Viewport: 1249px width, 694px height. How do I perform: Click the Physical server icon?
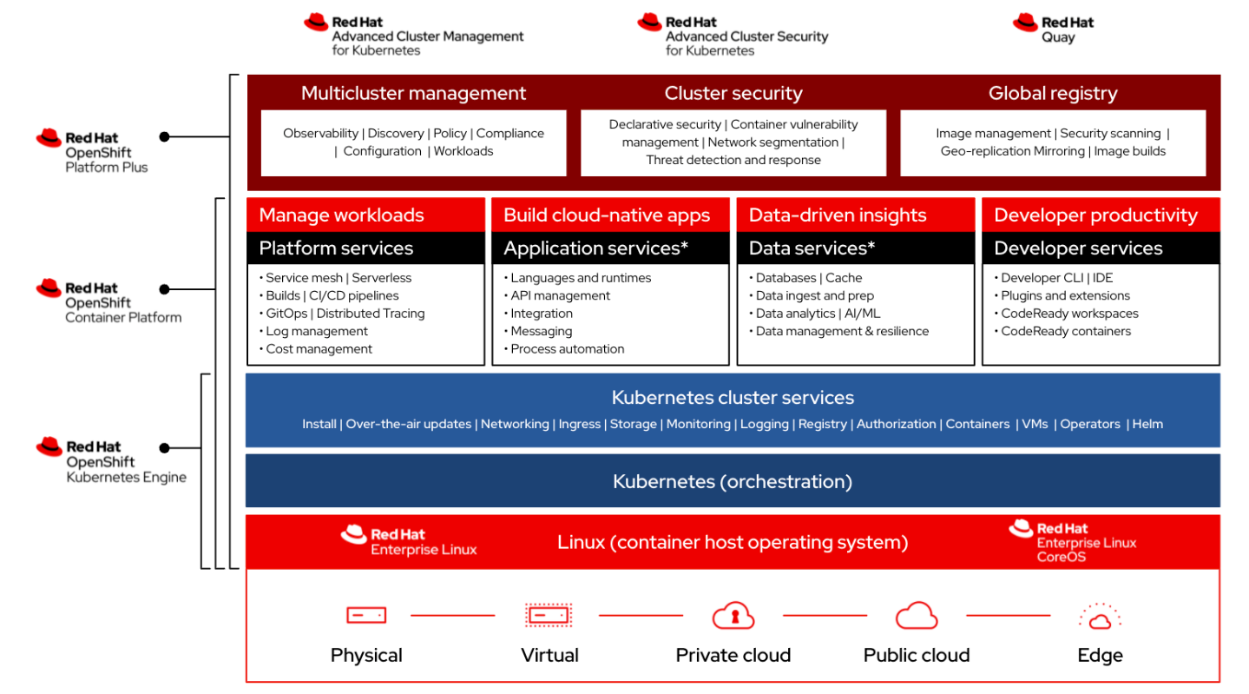365,615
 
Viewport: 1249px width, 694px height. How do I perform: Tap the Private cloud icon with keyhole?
733,615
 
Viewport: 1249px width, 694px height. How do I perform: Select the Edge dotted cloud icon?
1100,616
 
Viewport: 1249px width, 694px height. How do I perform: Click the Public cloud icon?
916,615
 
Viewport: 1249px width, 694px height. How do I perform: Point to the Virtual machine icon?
549,615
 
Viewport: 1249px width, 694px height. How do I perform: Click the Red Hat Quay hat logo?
1025,23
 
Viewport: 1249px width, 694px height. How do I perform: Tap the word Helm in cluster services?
1147,424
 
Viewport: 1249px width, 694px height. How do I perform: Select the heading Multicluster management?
413,93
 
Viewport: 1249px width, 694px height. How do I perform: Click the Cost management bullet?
316,348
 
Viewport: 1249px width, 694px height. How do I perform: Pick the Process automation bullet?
564,348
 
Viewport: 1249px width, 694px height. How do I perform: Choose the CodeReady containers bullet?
1062,331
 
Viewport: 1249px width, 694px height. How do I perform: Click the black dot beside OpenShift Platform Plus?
164,136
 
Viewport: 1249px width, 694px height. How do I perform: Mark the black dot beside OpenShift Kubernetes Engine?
164,447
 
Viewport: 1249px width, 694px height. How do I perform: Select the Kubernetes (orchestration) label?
732,481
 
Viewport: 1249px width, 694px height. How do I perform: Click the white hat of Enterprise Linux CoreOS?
1021,528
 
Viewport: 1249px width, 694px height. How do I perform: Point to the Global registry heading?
1053,93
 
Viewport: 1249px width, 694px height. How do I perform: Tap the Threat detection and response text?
733,160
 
